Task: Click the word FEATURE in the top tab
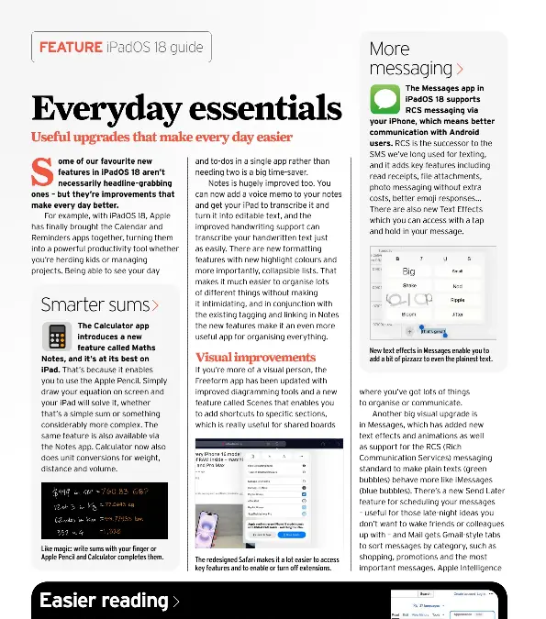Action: tap(70, 47)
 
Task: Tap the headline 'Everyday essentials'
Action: tap(186, 108)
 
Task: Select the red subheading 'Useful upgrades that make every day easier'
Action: tap(162, 138)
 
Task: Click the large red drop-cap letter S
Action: tap(39, 171)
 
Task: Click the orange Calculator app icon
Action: tap(57, 337)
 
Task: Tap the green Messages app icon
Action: tap(384, 98)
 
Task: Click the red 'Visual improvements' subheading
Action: tap(255, 357)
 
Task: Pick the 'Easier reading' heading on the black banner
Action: tap(103, 601)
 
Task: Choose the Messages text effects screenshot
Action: tap(429, 293)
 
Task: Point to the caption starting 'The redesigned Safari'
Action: tap(266, 563)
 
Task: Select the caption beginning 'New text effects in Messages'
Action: tap(429, 354)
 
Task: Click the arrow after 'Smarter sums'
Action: tap(156, 305)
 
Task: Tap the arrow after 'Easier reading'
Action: tap(175, 602)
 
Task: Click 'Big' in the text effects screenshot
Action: tap(409, 271)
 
